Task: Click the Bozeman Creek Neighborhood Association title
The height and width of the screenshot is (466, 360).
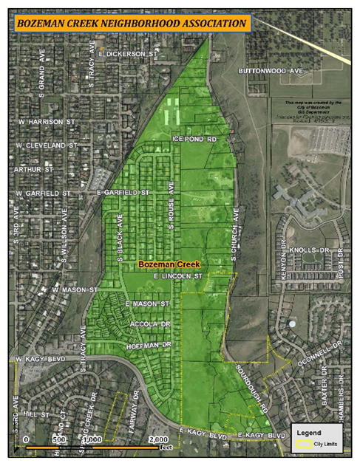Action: (x=132, y=24)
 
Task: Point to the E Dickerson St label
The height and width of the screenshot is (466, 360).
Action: (x=128, y=55)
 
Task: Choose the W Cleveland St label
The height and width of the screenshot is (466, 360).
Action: (x=46, y=145)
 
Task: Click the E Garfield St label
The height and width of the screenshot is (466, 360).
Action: (x=123, y=193)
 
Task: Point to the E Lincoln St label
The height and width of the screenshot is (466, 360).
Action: (x=177, y=276)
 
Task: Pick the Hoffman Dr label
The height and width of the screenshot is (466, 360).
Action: (x=150, y=345)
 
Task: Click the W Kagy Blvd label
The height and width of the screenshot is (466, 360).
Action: (x=41, y=359)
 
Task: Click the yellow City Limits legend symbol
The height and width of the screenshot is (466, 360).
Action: (x=303, y=445)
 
